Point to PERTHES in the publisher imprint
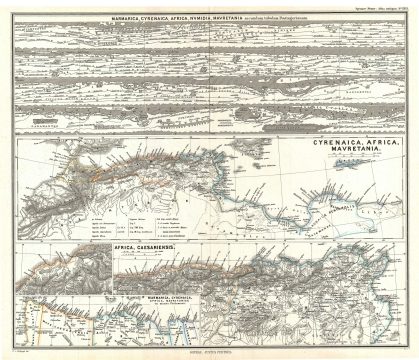click(x=227, y=352)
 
